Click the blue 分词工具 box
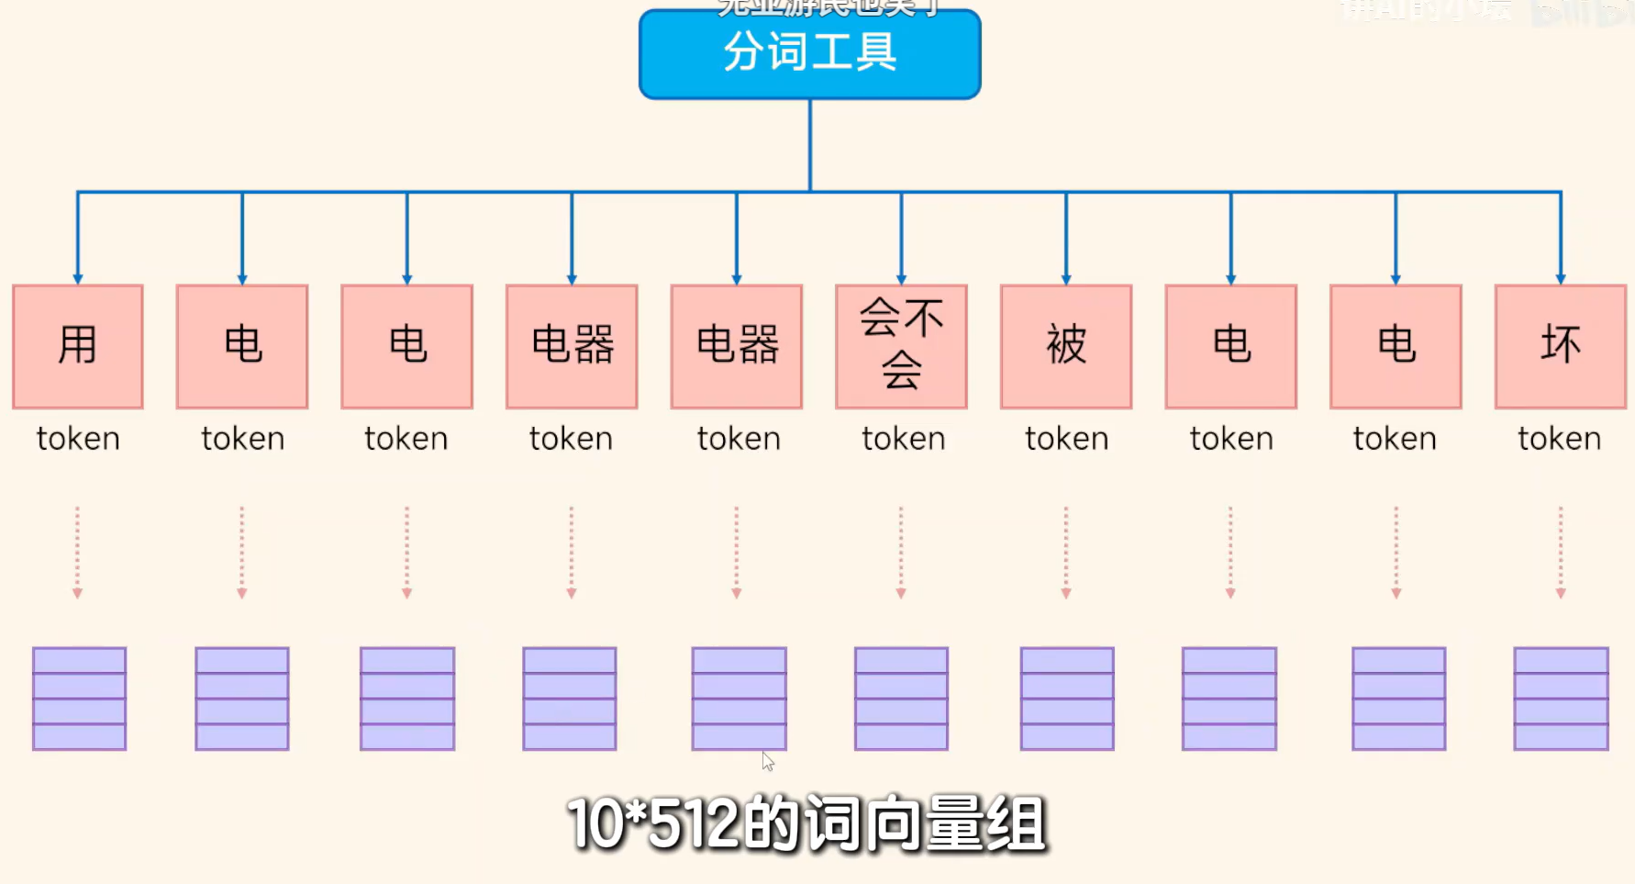(x=809, y=53)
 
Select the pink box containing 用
(x=78, y=346)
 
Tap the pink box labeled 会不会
(x=901, y=346)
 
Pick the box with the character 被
(x=1066, y=346)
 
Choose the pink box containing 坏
(x=1560, y=346)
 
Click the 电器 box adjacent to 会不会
(x=737, y=346)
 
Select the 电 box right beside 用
(x=242, y=346)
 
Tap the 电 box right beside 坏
(x=1396, y=346)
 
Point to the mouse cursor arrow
(x=768, y=761)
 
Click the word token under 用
(x=78, y=439)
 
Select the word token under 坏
(x=1560, y=439)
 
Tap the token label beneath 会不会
(x=903, y=439)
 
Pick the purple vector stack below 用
(x=79, y=699)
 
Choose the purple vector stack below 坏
(x=1561, y=699)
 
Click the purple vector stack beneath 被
(x=1067, y=699)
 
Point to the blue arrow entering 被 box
(x=1066, y=239)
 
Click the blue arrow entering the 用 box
(x=78, y=239)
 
